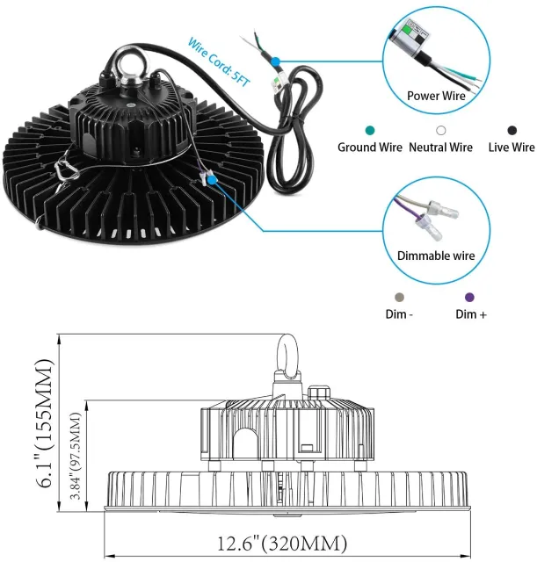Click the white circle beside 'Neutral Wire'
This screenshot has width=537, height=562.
[x=442, y=130]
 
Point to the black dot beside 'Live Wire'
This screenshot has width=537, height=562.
[x=512, y=130]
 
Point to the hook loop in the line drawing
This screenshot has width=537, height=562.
[x=288, y=356]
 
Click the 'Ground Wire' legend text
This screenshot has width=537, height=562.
[x=370, y=148]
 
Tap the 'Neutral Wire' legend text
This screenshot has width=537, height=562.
[x=441, y=148]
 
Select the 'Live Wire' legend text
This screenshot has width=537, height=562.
[x=512, y=148]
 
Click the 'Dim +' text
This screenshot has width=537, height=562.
[x=471, y=314]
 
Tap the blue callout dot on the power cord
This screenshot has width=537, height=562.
[x=275, y=62]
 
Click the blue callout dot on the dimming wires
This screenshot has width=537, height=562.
[x=212, y=177]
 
